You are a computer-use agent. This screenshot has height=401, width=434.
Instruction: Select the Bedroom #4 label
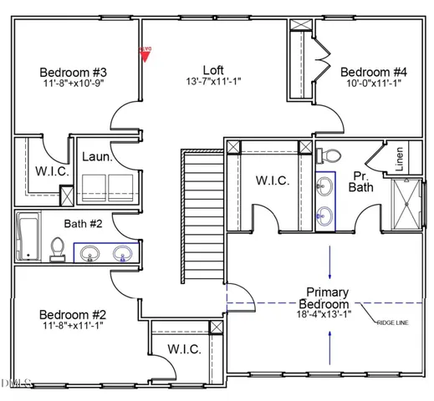point(375,72)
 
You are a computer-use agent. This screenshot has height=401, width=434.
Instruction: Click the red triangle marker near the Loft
point(145,53)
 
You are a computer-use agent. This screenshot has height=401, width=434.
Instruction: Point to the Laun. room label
point(97,156)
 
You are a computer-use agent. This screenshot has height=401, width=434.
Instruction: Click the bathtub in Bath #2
point(27,236)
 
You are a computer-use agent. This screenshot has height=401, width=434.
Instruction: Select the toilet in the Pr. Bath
point(328,155)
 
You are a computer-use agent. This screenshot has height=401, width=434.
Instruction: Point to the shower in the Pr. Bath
point(409,202)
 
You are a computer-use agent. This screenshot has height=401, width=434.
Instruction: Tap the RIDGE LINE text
point(396,322)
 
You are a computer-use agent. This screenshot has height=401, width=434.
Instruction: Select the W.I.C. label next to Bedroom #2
point(184,348)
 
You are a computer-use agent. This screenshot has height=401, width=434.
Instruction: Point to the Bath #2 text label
point(84,223)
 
